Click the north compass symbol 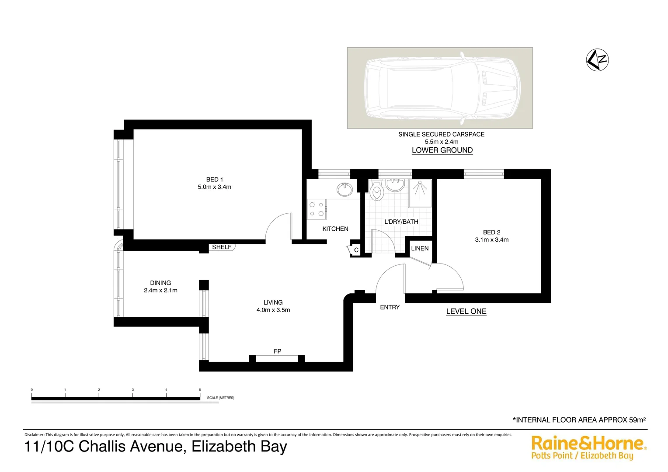[x=597, y=60]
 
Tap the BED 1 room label [x=214, y=180]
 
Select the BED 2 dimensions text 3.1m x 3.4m [x=492, y=240]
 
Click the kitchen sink [x=345, y=190]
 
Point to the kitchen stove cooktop [x=317, y=209]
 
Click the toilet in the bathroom [x=376, y=191]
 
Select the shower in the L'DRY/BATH [x=420, y=193]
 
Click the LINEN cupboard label [x=420, y=248]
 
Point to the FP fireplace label [x=277, y=351]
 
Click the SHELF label [x=222, y=247]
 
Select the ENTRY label [x=390, y=307]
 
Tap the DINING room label [x=160, y=283]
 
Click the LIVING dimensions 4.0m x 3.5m [x=273, y=310]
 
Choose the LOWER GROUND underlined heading [x=442, y=150]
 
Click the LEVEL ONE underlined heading [x=466, y=312]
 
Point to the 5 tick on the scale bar [x=200, y=390]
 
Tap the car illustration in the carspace [x=440, y=87]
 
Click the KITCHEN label [x=335, y=229]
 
